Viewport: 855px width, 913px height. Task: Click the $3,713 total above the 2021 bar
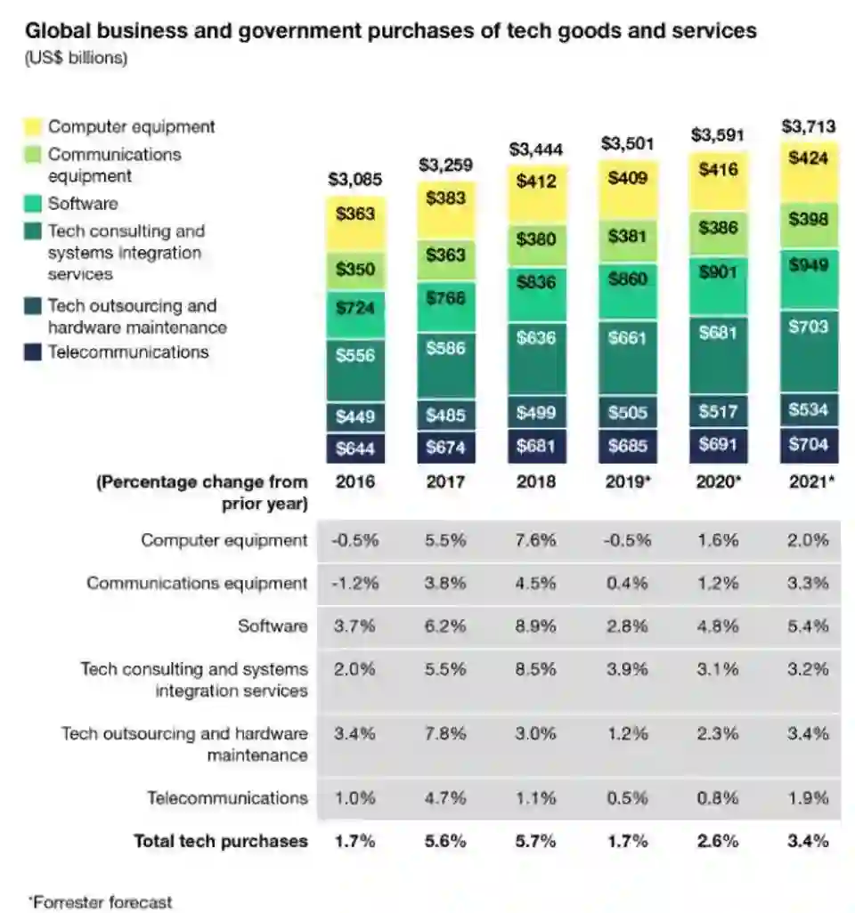810,127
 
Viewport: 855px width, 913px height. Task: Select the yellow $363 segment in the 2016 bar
355,214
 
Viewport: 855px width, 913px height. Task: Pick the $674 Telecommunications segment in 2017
445,448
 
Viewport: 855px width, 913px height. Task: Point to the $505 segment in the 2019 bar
627,411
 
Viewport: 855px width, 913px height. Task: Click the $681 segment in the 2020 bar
718,332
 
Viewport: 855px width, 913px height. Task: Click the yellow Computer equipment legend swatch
33,127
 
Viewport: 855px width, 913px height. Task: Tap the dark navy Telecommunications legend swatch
33,352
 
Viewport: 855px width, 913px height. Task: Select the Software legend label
83,204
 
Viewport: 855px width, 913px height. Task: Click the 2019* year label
626,481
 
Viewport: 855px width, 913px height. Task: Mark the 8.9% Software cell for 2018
535,626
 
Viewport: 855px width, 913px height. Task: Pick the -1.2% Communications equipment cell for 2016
354,584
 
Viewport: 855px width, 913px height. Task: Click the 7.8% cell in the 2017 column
445,734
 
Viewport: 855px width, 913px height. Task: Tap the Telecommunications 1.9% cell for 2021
809,798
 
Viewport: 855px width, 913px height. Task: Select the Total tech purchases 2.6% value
718,841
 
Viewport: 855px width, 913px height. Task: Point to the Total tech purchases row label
221,841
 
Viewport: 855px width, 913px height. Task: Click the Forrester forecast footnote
100,901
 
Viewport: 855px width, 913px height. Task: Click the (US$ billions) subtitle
76,59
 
